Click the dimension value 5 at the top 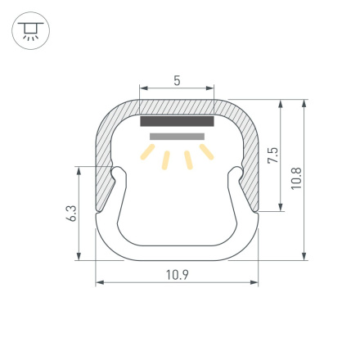click(x=177, y=80)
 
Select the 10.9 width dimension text click(x=177, y=275)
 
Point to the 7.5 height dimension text click(x=272, y=155)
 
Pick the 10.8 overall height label click(x=296, y=179)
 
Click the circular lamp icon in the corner click(x=31, y=31)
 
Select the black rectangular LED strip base click(x=177, y=121)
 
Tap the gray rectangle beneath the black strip click(x=177, y=136)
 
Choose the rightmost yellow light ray click(x=206, y=151)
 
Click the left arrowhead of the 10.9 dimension click(x=99, y=283)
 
